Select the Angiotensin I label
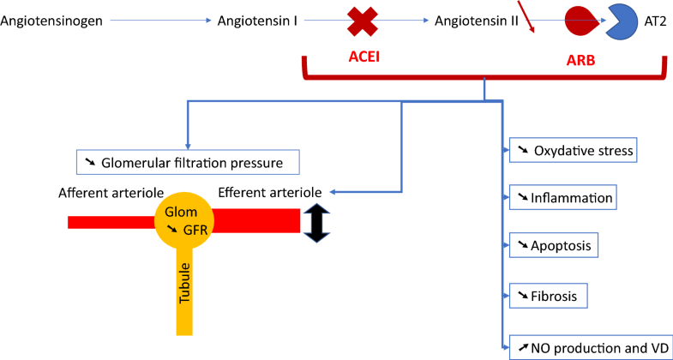(x=258, y=19)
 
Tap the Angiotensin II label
(x=476, y=19)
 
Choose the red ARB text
(x=581, y=63)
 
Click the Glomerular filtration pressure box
(x=188, y=161)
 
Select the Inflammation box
(x=563, y=198)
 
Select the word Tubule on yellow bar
(x=183, y=284)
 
